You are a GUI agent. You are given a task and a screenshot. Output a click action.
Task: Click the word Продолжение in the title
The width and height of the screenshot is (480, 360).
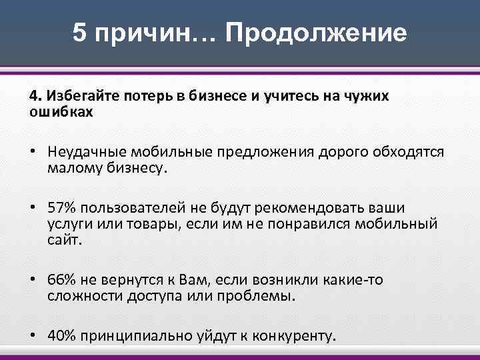click(316, 33)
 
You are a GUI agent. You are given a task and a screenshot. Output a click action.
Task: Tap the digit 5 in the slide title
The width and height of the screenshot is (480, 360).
click(80, 33)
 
